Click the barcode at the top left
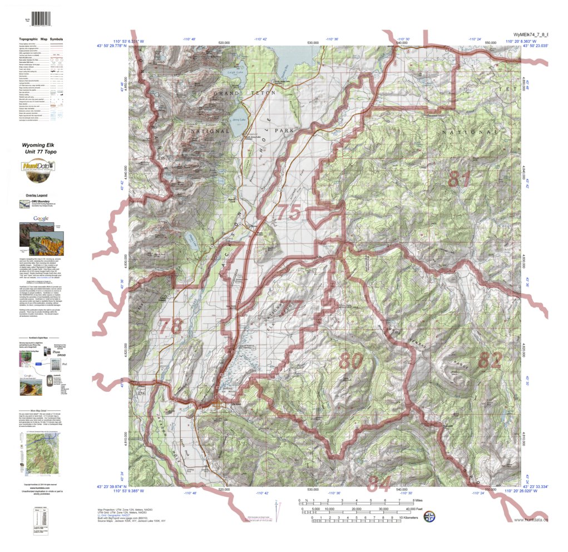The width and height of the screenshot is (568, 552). click(39, 19)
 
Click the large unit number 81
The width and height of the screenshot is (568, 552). click(460, 180)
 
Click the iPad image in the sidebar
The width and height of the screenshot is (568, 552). click(56, 365)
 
